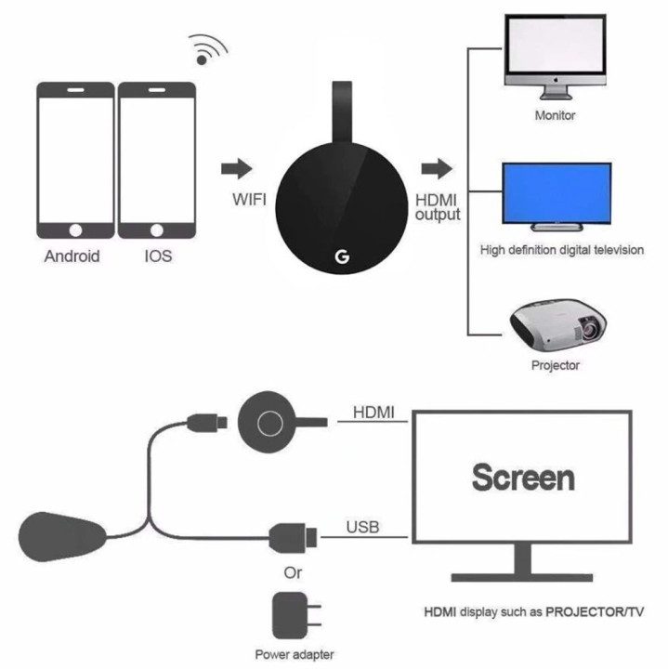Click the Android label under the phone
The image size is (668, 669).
click(72, 256)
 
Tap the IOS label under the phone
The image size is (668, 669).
click(158, 256)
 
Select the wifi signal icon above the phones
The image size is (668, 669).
click(207, 48)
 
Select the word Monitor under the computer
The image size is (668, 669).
click(556, 116)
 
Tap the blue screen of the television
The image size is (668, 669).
click(557, 193)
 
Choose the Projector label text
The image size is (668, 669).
click(556, 365)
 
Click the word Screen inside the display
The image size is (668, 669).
click(522, 478)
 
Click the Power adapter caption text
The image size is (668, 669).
click(295, 654)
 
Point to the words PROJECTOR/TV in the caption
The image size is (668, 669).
click(595, 610)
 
